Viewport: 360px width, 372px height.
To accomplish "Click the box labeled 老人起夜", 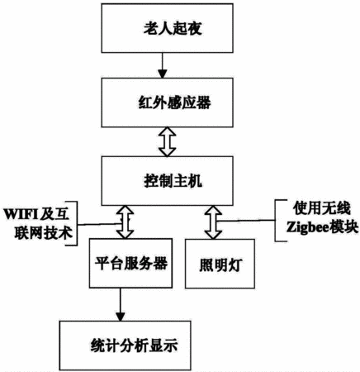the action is [167, 28].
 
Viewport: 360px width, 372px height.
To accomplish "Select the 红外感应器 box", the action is [167, 103].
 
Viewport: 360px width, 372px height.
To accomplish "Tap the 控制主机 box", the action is [167, 181].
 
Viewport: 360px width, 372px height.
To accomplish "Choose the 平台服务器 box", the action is [130, 263].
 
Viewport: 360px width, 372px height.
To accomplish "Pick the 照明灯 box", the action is [220, 264].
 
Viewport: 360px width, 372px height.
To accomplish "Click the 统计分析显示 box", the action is [126, 346].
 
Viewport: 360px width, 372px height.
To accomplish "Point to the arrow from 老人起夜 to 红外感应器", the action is [163, 65].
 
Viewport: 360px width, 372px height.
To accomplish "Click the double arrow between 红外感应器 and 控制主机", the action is [167, 141].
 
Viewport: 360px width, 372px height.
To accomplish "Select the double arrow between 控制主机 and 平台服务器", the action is [126, 222].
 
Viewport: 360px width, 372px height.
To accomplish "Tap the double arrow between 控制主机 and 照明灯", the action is [213, 222].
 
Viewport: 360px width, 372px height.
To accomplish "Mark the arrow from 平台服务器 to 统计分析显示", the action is [121, 304].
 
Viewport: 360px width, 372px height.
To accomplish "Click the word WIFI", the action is [21, 214].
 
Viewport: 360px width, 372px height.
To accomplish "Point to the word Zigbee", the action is [307, 227].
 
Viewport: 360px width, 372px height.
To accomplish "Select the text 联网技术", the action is [43, 232].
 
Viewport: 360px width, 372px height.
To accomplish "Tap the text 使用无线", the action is [322, 208].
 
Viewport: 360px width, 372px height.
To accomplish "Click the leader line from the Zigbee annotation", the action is [246, 221].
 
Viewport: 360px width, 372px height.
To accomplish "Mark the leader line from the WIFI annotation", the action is [99, 224].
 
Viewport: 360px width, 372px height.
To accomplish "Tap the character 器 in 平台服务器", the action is [160, 263].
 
